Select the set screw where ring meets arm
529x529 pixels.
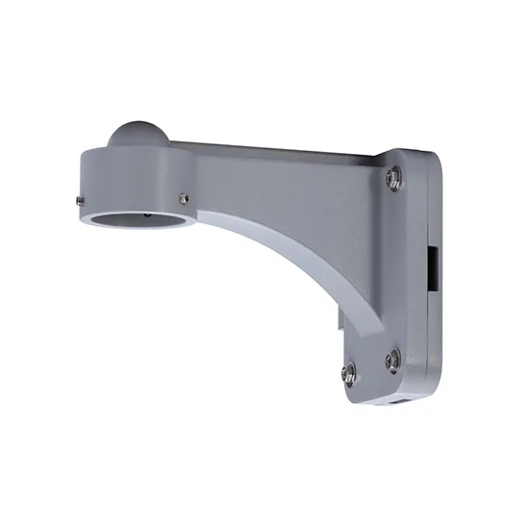point(185,198)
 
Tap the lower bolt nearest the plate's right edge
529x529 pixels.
point(391,361)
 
